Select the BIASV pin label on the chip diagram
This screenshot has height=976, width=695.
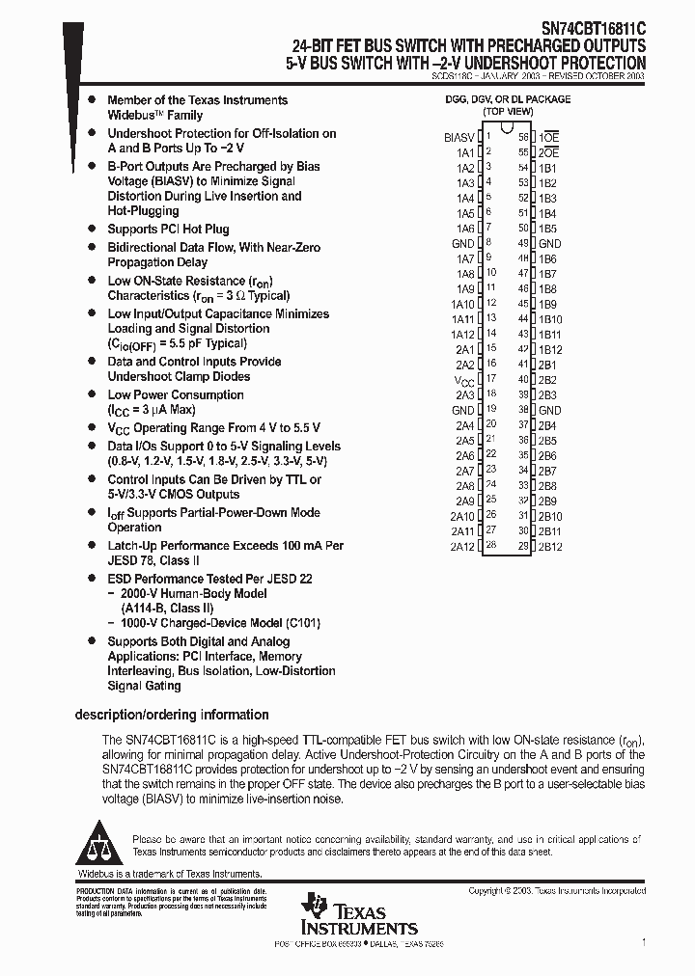[459, 137]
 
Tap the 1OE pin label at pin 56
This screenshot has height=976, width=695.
[548, 137]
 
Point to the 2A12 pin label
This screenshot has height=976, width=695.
[462, 546]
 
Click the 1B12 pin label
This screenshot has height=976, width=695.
[549, 349]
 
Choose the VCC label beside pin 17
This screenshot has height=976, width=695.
[464, 380]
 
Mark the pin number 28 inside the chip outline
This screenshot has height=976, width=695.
[490, 545]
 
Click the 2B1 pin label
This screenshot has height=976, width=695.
[547, 365]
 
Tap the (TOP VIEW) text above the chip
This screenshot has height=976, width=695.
[508, 112]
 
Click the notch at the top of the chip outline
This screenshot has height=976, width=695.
[508, 135]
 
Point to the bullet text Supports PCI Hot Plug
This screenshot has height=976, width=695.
[168, 229]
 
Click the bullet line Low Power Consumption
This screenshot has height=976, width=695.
[175, 394]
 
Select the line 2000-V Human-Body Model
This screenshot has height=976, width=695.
[181, 594]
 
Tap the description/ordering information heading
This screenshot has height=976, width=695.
[171, 715]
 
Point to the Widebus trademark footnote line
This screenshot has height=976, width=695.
[169, 874]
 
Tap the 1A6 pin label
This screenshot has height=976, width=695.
[464, 229]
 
